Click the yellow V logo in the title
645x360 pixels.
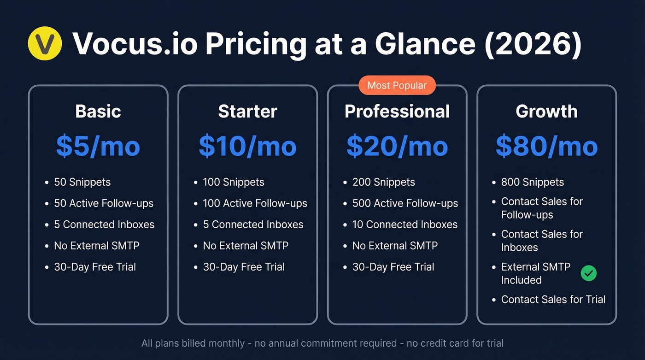tap(45, 43)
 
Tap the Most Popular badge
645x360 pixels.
tap(397, 85)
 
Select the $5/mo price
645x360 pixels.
tap(98, 146)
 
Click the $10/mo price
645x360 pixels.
tap(247, 146)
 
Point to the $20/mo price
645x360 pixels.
tap(397, 146)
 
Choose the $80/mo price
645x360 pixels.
tap(546, 146)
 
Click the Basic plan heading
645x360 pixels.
tap(98, 112)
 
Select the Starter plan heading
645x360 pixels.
tap(247, 112)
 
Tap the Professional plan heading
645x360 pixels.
tap(397, 112)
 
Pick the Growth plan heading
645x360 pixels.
tap(546, 112)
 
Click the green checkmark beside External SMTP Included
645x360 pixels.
tap(588, 273)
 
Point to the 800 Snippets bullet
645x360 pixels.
tap(532, 182)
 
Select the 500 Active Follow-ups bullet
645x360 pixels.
tap(405, 203)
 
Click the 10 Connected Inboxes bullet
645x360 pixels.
tap(405, 224)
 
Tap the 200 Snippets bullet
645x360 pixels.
tap(383, 182)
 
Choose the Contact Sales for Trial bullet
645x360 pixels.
tap(553, 300)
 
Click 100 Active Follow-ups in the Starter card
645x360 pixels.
tap(255, 203)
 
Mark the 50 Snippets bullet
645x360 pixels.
tap(82, 182)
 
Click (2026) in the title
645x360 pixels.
tap(533, 44)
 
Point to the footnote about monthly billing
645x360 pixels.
tap(322, 343)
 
